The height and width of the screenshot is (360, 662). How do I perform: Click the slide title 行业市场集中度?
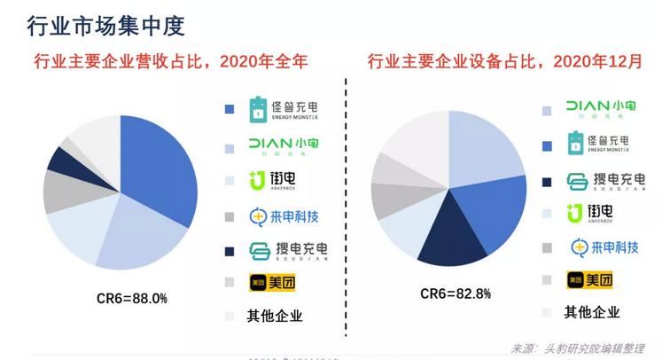pyautogui.click(x=105, y=26)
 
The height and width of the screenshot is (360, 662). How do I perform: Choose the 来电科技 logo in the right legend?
pyautogui.click(x=603, y=247)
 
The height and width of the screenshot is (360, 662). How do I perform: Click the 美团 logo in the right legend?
pyautogui.click(x=589, y=279)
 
